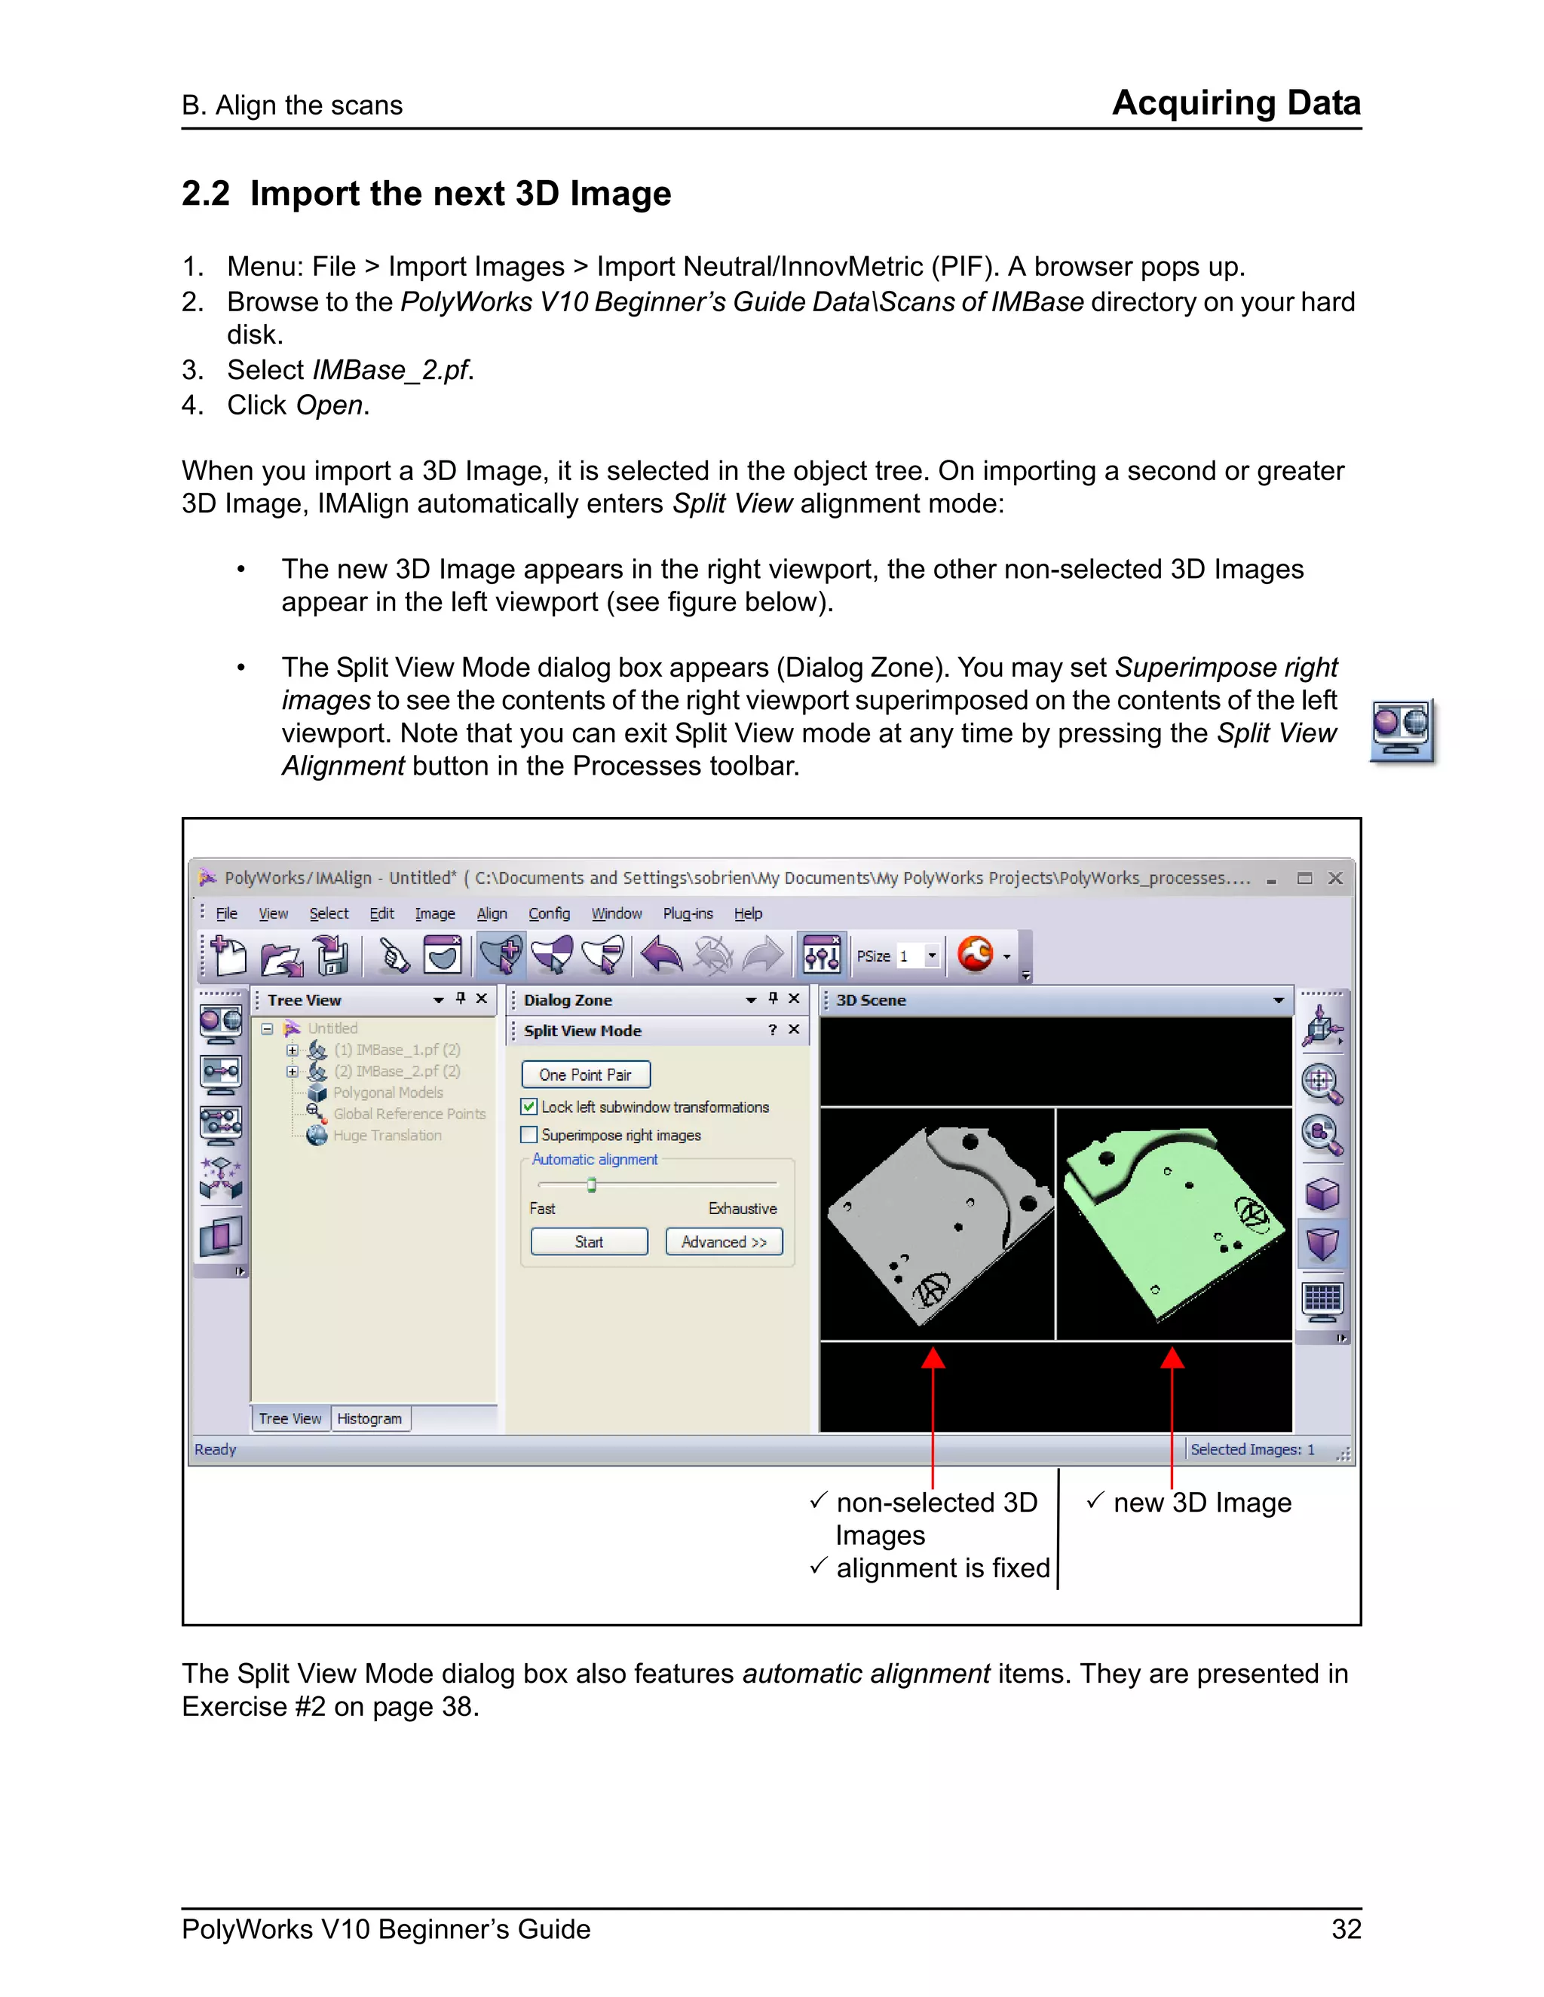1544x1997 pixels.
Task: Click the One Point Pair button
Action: pyautogui.click(x=585, y=1075)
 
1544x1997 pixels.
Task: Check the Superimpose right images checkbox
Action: pyautogui.click(x=528, y=1135)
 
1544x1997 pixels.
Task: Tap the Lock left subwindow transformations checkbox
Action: pyautogui.click(x=528, y=1106)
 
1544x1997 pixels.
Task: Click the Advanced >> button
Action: pyautogui.click(x=724, y=1242)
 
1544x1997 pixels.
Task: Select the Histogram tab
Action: pyautogui.click(x=369, y=1418)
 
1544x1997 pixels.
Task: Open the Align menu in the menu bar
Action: pyautogui.click(x=492, y=913)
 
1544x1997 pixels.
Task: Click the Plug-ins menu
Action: pyautogui.click(x=687, y=913)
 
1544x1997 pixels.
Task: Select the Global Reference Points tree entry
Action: pyautogui.click(x=409, y=1114)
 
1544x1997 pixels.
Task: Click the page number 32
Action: pyautogui.click(x=1346, y=1928)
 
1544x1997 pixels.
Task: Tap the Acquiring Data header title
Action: pyautogui.click(x=1236, y=102)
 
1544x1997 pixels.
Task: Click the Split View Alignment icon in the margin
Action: pyautogui.click(x=1402, y=729)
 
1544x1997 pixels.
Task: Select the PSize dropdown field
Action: pyautogui.click(x=918, y=956)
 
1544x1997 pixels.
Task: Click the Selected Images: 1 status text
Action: pyautogui.click(x=1251, y=1449)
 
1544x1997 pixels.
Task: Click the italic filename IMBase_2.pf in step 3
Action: pyautogui.click(x=391, y=370)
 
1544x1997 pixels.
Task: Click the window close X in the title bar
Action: pyautogui.click(x=1335, y=878)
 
